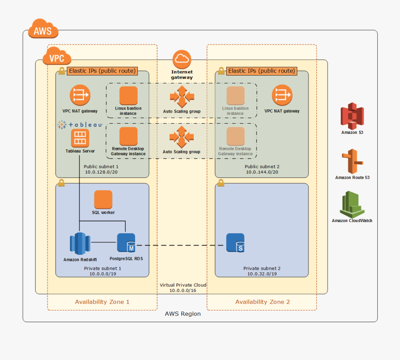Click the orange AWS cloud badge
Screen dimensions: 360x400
(43, 30)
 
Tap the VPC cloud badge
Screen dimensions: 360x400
(56, 57)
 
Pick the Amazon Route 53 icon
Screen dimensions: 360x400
(352, 162)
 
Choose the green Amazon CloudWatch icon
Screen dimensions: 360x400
(352, 204)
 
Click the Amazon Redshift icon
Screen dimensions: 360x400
(80, 243)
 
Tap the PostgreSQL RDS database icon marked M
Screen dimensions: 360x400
(126, 243)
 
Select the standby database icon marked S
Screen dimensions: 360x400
(235, 243)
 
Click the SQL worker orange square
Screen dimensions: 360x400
(103, 199)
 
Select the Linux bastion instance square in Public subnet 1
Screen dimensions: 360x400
(128, 95)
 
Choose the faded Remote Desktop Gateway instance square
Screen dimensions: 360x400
(235, 136)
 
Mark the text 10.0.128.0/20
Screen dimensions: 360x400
(102, 172)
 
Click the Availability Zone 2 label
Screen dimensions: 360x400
(262, 302)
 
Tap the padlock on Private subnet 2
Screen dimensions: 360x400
(221, 183)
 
